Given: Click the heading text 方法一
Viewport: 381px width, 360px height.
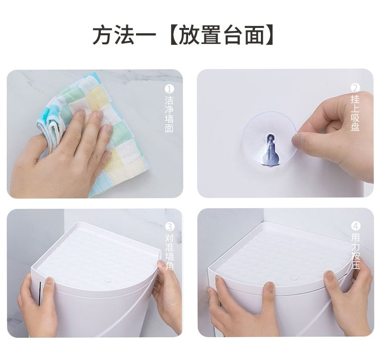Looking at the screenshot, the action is click(x=124, y=36).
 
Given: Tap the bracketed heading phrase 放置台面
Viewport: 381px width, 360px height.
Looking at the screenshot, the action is click(x=221, y=36).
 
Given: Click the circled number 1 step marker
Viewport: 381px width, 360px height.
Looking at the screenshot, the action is click(x=169, y=89).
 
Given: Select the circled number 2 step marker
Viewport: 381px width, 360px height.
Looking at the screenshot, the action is click(x=355, y=88).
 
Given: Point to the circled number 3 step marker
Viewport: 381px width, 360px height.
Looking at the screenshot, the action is click(x=170, y=227).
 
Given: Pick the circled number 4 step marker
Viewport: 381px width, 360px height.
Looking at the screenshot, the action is click(x=355, y=226).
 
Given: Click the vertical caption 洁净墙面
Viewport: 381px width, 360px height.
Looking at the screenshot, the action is click(x=169, y=114).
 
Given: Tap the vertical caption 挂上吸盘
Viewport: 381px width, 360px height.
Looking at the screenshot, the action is click(x=355, y=113).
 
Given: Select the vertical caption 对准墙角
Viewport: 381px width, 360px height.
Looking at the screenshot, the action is click(x=169, y=252).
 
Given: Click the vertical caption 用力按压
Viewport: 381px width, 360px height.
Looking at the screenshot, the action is click(x=355, y=251).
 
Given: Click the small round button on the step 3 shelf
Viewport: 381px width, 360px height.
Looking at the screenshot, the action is click(x=108, y=280).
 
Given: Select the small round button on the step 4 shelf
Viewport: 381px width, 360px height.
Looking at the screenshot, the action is click(x=295, y=277).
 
